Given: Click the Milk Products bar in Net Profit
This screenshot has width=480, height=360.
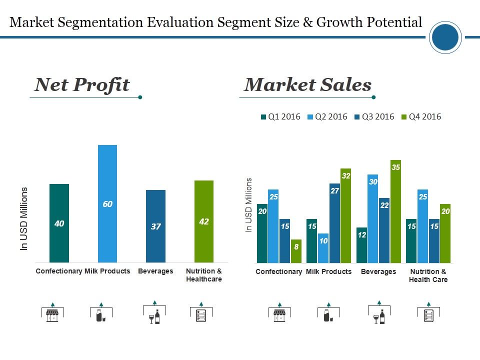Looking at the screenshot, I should (x=107, y=203).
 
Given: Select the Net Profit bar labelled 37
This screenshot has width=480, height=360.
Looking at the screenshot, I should (x=155, y=226).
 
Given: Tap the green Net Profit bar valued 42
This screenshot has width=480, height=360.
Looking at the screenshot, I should (x=203, y=221).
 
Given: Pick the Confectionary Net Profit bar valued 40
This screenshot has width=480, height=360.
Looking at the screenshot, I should (x=59, y=223).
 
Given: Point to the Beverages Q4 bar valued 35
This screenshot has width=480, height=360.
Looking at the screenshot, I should (x=395, y=211).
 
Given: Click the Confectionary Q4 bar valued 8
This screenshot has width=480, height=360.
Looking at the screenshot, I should (x=296, y=251).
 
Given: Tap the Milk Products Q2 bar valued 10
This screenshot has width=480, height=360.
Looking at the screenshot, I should (x=323, y=248).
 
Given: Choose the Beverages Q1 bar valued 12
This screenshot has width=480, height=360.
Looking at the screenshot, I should (x=362, y=245).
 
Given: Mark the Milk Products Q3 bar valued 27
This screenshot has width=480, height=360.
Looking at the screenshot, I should (x=335, y=223).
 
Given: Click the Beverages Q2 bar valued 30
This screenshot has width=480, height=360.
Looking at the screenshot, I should (x=373, y=218).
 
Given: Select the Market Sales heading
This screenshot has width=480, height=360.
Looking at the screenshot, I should (x=307, y=85).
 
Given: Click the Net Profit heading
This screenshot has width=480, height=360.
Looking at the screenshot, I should (x=82, y=85).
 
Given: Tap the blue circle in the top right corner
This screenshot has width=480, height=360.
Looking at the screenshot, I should (x=445, y=37).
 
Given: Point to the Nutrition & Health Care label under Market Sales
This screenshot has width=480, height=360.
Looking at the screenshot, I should (x=428, y=275).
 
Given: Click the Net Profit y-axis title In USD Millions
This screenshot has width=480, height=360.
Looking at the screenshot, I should (x=24, y=218).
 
